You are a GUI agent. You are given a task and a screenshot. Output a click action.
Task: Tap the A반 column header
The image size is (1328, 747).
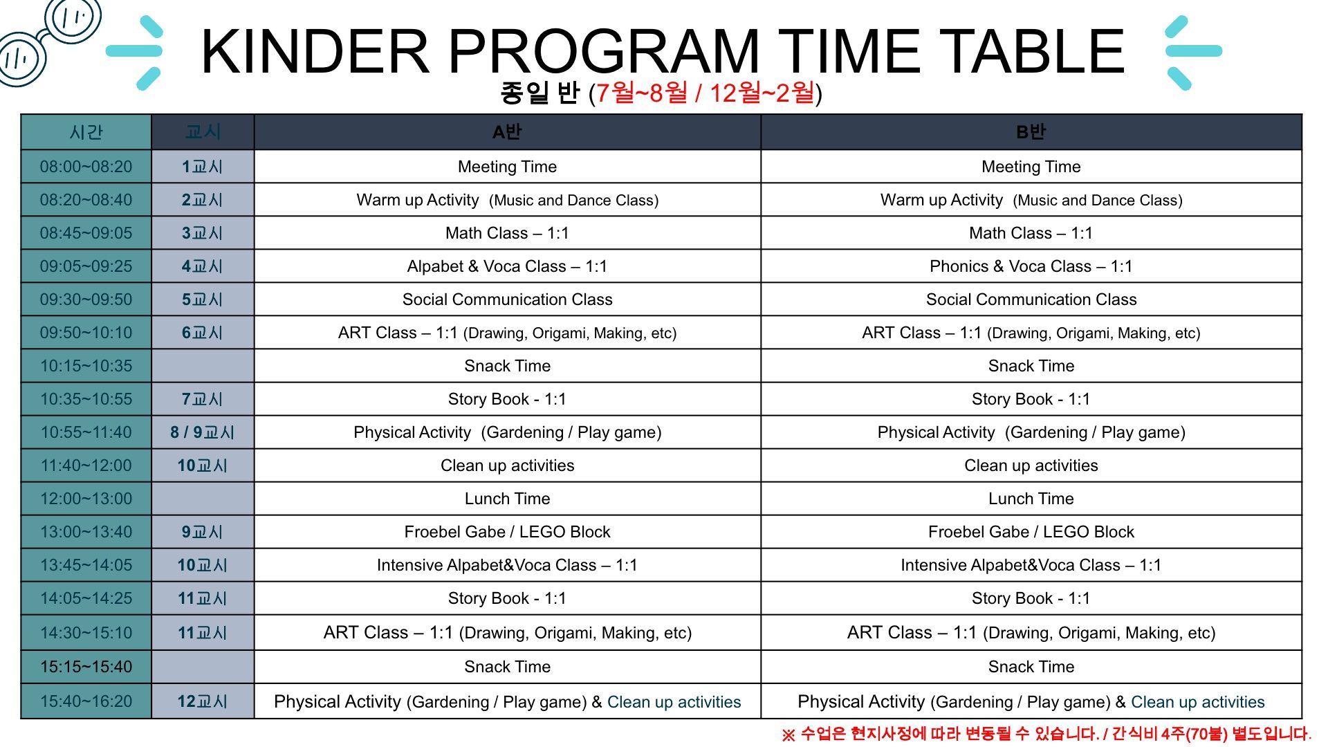click(x=507, y=132)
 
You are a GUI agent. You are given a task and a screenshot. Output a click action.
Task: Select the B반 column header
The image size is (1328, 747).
click(x=1031, y=132)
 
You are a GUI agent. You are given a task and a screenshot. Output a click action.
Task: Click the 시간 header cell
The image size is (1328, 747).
click(x=86, y=132)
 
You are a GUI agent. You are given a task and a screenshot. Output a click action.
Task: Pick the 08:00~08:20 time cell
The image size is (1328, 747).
click(x=86, y=167)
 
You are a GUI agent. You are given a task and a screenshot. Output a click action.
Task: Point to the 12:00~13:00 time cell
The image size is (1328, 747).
click(x=86, y=499)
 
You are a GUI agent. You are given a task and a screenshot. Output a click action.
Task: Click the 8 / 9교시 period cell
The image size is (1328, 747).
click(x=203, y=432)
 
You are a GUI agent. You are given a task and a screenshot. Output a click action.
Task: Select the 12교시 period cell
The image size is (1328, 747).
click(x=203, y=701)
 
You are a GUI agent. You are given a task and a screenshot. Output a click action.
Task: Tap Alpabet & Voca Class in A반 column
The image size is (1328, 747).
click(x=507, y=266)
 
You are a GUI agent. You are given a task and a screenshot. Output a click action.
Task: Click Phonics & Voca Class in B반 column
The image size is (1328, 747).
click(x=1031, y=266)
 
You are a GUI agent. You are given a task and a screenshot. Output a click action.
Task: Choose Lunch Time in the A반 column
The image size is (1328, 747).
click(x=507, y=499)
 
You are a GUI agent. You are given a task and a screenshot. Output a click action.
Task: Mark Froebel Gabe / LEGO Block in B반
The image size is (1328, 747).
click(x=1031, y=532)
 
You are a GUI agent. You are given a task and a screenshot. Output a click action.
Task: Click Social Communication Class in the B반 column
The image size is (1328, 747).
click(x=1031, y=299)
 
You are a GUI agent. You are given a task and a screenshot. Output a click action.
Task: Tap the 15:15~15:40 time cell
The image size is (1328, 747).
click(x=86, y=667)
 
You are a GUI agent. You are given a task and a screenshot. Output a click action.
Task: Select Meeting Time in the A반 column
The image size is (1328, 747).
click(x=507, y=167)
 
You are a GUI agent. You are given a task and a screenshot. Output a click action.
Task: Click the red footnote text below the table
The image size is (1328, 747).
click(x=1046, y=734)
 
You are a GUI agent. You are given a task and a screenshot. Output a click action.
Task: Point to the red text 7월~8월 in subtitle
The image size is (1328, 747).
click(x=642, y=93)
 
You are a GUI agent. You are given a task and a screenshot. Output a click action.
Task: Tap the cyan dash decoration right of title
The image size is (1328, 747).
click(x=1193, y=51)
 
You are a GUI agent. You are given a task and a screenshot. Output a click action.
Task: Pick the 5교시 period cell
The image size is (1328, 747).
click(x=203, y=299)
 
